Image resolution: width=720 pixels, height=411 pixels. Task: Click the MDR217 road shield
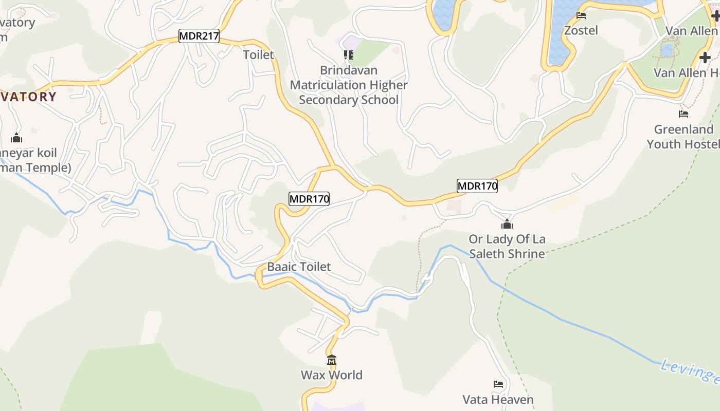[199, 36]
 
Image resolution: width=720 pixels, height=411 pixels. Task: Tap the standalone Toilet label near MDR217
[258, 54]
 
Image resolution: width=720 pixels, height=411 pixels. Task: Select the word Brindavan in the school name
[348, 70]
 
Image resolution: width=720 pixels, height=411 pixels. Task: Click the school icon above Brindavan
[349, 55]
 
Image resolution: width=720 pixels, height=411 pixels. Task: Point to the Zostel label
[581, 30]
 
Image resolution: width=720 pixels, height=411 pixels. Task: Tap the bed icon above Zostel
[581, 15]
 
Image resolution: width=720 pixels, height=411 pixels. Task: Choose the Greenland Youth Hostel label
[683, 137]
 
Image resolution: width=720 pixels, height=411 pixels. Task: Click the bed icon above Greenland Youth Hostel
[683, 114]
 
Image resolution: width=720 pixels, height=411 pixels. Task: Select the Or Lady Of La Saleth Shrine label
[507, 247]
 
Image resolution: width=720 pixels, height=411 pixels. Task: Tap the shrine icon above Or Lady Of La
[507, 225]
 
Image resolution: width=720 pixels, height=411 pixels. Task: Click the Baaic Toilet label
[299, 267]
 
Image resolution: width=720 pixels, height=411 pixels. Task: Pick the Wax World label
[332, 375]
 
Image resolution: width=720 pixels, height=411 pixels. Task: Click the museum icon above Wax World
[332, 360]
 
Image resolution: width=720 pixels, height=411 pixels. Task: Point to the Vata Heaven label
[498, 400]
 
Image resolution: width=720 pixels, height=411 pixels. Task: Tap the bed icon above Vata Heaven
[498, 384]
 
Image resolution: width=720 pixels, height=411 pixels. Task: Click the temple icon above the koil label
[16, 138]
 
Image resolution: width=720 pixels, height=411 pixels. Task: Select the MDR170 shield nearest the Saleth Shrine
[477, 186]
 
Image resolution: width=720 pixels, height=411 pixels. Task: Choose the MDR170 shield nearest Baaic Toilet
[309, 199]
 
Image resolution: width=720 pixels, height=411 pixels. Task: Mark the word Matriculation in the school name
[349, 85]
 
